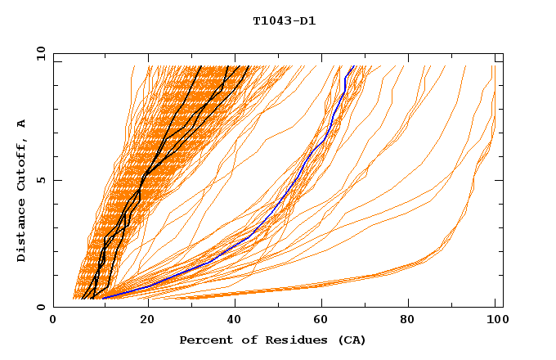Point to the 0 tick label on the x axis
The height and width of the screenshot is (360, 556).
click(x=53, y=322)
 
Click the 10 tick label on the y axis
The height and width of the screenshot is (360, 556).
click(x=38, y=53)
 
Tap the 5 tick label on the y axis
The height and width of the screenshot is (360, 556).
click(x=42, y=180)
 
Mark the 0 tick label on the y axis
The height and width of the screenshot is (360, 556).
click(x=42, y=307)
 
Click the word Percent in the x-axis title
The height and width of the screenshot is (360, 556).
click(x=204, y=340)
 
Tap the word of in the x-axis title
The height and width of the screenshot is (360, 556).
click(x=244, y=340)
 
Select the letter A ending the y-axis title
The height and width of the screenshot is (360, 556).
click(x=22, y=123)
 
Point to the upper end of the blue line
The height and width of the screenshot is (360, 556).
click(x=353, y=66)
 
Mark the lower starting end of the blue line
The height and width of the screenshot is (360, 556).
click(x=103, y=298)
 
